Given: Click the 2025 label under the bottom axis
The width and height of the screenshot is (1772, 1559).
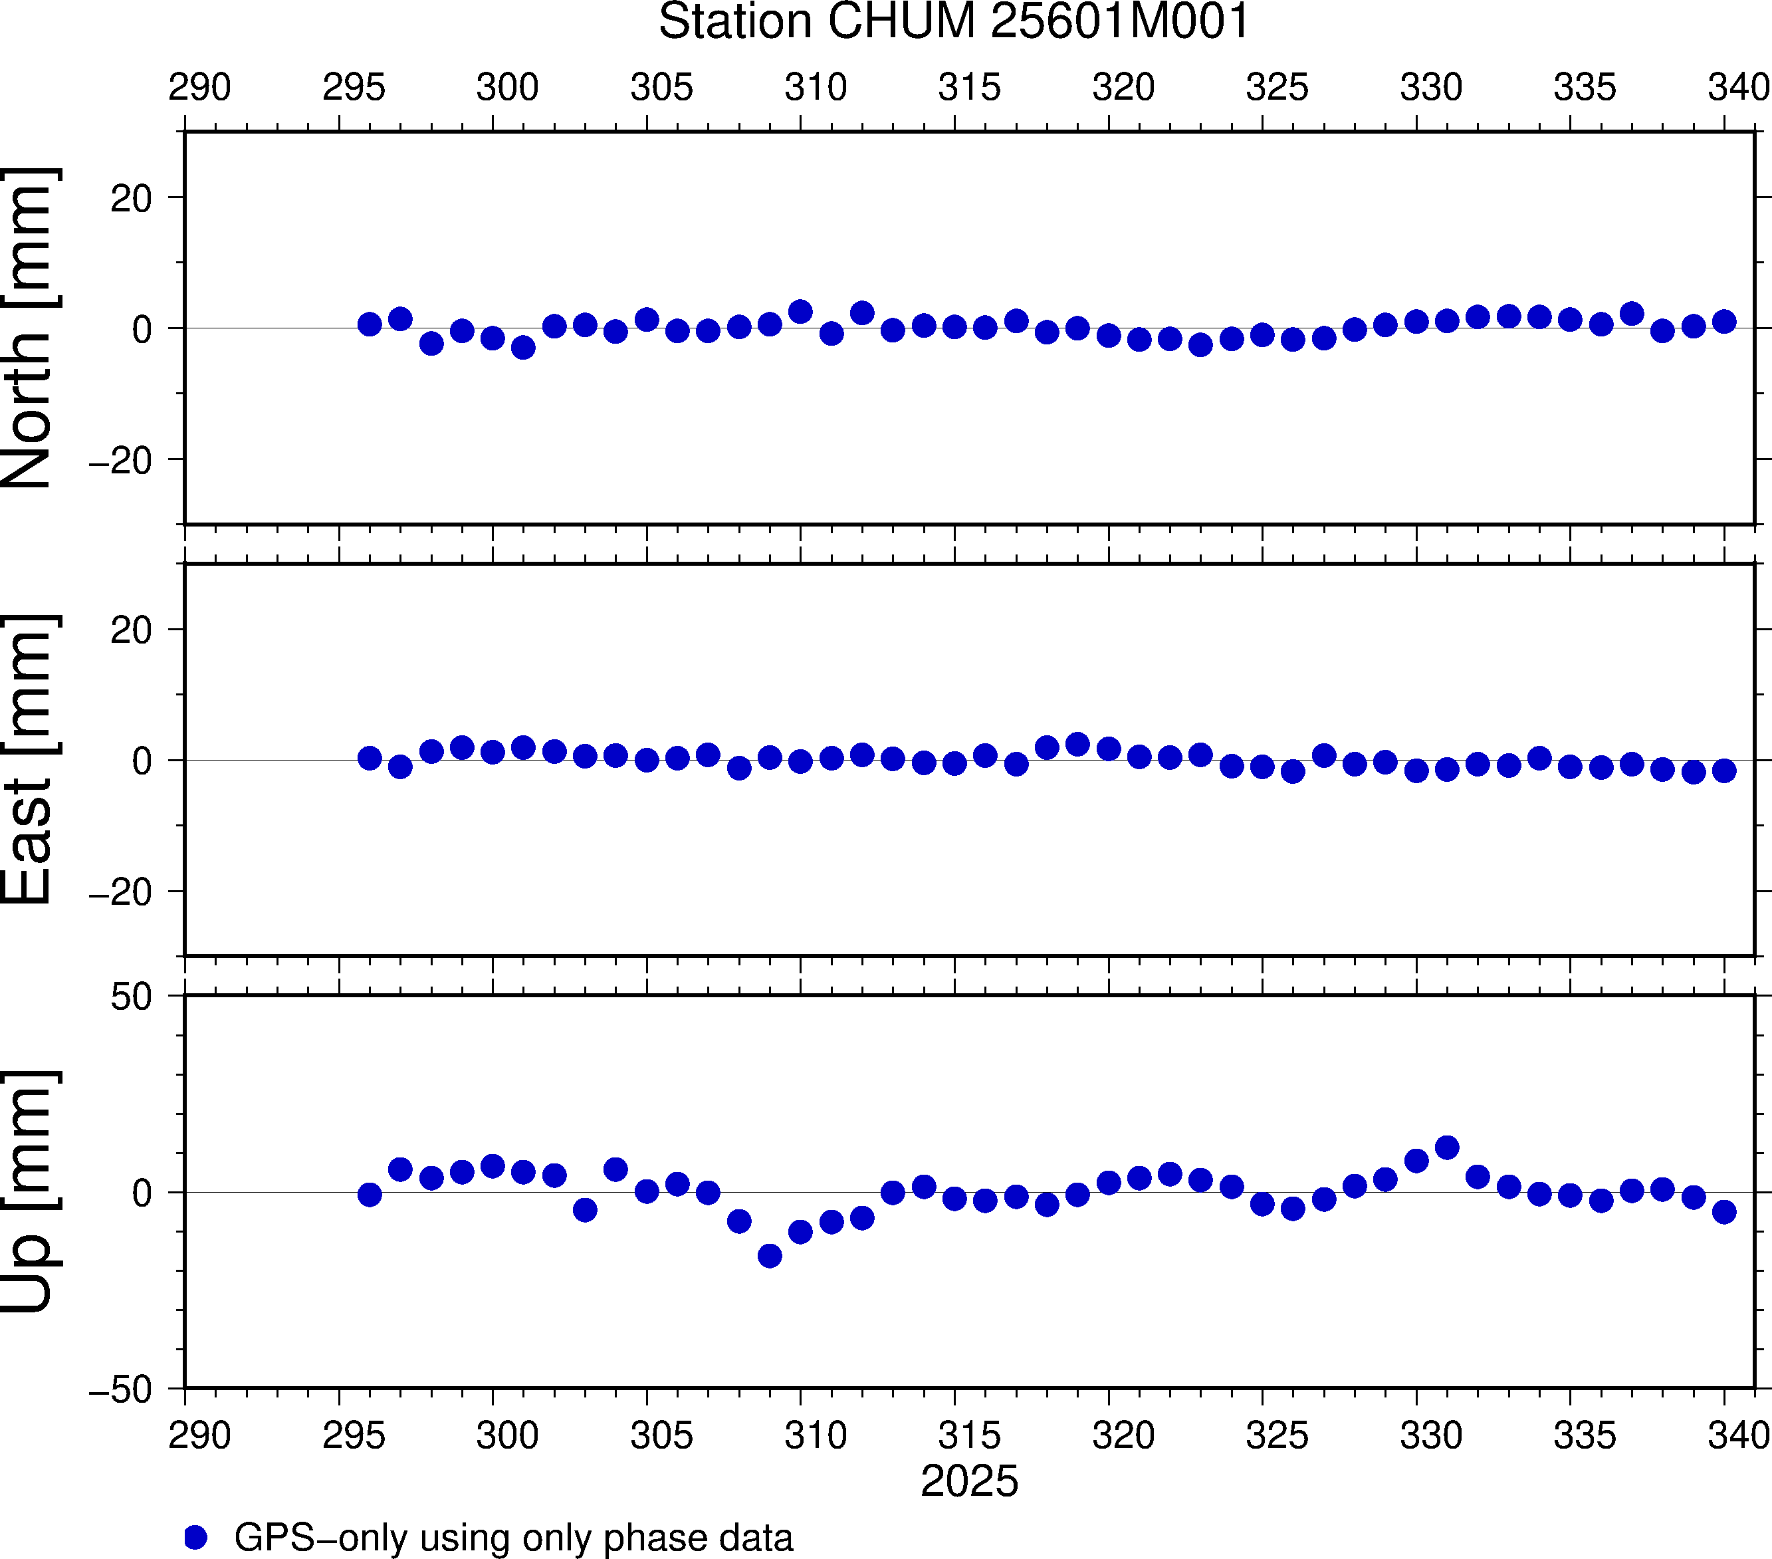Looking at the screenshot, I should pyautogui.click(x=969, y=1481).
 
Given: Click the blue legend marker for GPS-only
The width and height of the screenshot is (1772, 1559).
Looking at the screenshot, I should pyautogui.click(x=196, y=1537).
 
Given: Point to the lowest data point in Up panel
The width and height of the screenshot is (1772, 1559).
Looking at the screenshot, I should pyautogui.click(x=770, y=1256).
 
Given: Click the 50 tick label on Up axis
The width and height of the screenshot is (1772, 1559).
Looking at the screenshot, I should pyautogui.click(x=131, y=997).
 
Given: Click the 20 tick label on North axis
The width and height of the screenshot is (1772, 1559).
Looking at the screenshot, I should pyautogui.click(x=131, y=199).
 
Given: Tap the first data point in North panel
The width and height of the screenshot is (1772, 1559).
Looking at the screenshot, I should pyautogui.click(x=370, y=324).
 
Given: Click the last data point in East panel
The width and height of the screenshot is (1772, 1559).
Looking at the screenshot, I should pyautogui.click(x=1724, y=770).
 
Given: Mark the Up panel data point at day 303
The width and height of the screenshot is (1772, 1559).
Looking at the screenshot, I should pyautogui.click(x=585, y=1209).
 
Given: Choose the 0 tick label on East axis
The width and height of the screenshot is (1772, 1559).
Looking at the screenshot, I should pyautogui.click(x=142, y=761).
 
